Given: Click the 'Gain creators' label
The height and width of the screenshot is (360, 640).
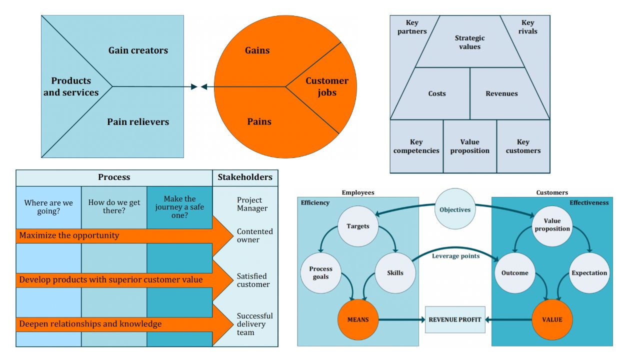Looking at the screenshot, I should coord(138,50).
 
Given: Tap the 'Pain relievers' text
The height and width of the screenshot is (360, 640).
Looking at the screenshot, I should coord(138,122).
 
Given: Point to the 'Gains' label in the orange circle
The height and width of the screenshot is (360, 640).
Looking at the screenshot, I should coord(257,50).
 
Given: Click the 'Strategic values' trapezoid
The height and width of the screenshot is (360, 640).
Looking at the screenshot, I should coord(469,42).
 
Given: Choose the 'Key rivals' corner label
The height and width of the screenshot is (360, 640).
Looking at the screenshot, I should coord(527,27).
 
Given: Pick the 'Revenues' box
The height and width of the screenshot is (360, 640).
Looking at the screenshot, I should coord(501,93).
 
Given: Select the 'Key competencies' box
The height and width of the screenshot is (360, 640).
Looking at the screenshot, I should coord(416,146).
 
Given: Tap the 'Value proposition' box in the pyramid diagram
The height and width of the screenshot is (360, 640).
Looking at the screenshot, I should coord(469,146).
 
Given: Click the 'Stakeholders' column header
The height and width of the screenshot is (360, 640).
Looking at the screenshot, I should coord(245,177).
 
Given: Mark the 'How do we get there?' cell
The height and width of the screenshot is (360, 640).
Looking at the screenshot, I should coord(114,206).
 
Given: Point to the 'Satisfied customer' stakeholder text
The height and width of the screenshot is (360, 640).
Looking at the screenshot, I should coord(253,280).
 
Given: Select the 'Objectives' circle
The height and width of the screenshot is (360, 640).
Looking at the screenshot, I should coord(454,209).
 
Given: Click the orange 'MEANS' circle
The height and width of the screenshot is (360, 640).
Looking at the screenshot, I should coord(358,319).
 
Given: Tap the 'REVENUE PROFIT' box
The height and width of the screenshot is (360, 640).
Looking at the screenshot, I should coord(454,319).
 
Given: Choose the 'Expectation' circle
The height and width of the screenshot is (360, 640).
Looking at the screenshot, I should coord(589,273).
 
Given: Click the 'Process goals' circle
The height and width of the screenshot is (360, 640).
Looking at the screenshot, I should coord(320,273).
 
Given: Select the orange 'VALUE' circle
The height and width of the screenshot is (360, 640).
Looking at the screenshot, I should coord(552,319).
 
